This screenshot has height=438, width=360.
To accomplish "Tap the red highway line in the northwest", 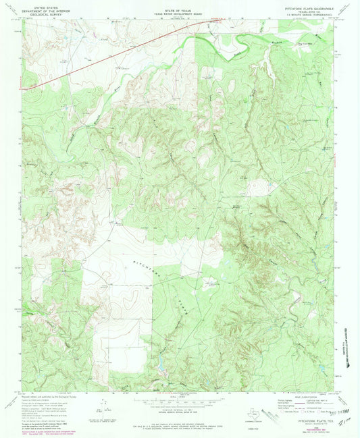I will pyautogui.click(x=101, y=57).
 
